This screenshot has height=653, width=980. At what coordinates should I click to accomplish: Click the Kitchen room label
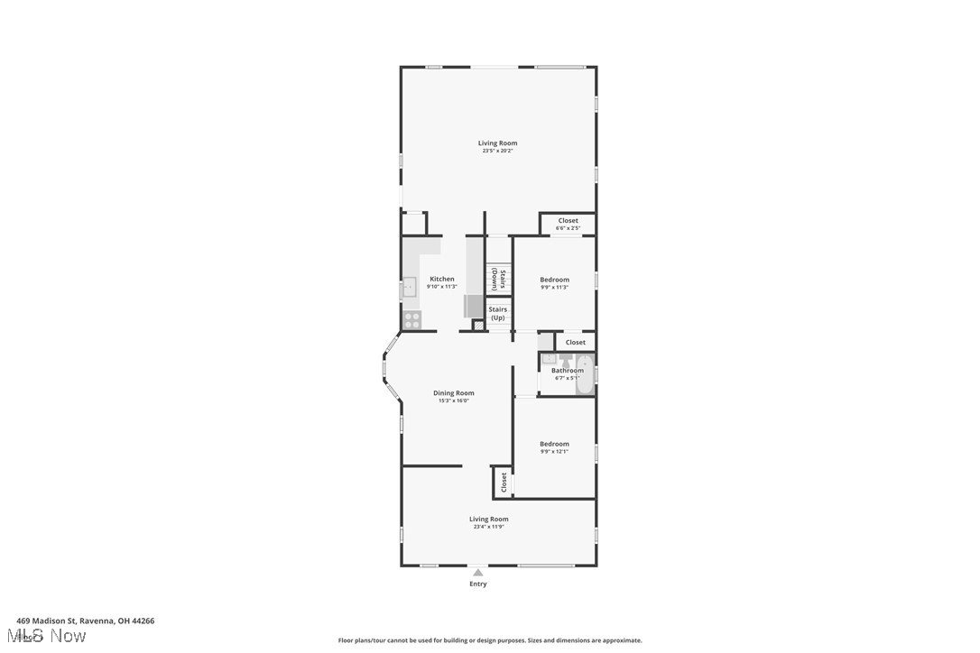click(x=442, y=279)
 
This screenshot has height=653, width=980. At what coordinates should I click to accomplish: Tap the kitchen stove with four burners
click(x=411, y=319)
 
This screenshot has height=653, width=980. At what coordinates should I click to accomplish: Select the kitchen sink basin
click(x=409, y=289)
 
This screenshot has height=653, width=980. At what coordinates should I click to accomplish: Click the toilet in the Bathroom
click(x=566, y=360)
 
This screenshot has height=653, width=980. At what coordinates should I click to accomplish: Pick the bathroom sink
click(x=549, y=359)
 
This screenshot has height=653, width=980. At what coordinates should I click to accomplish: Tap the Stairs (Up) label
click(x=498, y=313)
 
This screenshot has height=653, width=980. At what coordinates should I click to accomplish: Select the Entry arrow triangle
click(x=478, y=572)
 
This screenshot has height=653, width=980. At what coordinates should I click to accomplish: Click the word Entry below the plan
click(x=478, y=584)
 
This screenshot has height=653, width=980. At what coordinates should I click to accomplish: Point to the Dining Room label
click(x=453, y=393)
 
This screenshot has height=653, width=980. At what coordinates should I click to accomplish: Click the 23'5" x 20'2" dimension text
click(x=497, y=152)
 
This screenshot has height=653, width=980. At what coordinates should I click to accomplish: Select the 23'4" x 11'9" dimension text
click(x=488, y=527)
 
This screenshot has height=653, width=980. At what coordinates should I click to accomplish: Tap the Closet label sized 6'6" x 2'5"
click(x=568, y=220)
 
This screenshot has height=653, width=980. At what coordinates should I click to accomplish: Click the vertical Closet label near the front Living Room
click(x=504, y=483)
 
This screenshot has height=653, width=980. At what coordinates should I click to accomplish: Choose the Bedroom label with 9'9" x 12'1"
click(x=554, y=444)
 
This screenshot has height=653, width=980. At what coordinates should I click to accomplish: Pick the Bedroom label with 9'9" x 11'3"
click(x=554, y=280)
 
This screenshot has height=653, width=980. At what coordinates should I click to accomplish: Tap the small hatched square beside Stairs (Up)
click(x=478, y=325)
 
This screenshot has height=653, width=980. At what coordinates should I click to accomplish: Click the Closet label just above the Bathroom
click(x=575, y=342)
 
